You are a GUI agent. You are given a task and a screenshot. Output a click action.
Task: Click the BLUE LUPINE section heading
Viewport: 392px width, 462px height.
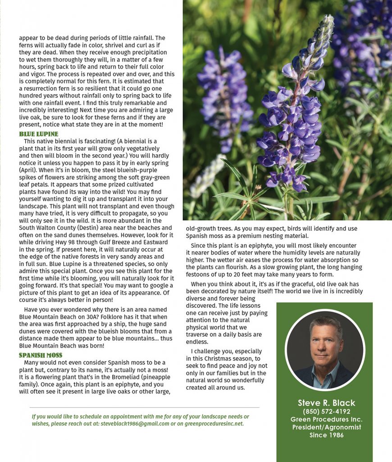38,134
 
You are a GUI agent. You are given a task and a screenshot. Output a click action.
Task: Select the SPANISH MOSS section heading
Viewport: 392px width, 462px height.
41,356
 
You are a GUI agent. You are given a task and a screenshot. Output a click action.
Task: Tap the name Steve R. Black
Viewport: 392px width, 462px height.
326,403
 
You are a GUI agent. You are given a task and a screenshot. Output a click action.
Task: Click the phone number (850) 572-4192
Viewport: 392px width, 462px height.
326,411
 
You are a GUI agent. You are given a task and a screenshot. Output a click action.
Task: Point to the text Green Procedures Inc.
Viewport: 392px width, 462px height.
326,420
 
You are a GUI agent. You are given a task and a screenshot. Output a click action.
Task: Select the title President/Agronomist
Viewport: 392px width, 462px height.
326,427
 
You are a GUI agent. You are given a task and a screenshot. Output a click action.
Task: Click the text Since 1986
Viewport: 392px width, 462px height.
326,435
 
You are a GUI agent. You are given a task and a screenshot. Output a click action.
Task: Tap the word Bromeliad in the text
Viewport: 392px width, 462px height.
119,377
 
